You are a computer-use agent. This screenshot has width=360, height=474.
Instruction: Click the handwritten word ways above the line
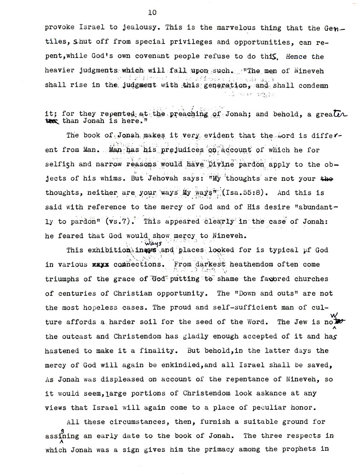[x=143, y=243]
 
